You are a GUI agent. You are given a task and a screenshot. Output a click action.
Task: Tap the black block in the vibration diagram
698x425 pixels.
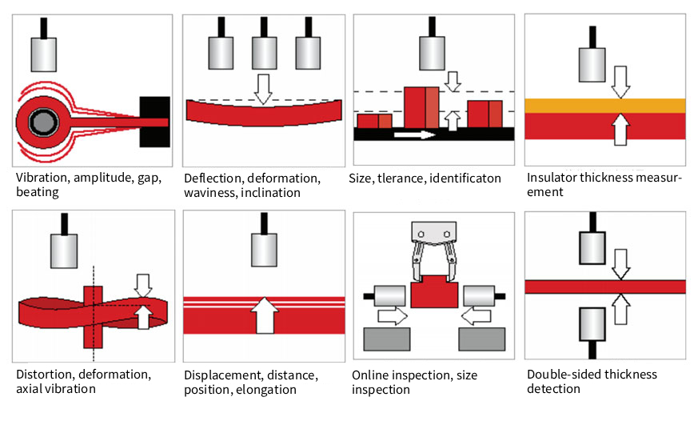pos(154,122)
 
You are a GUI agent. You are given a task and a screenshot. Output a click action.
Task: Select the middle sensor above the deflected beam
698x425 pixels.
pos(264,53)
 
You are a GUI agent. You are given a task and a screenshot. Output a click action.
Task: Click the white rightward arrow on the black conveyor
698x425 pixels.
pos(414,134)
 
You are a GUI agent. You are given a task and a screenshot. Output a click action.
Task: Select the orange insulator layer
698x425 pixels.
pos(604,106)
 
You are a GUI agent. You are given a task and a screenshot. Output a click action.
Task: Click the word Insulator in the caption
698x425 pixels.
pos(552,178)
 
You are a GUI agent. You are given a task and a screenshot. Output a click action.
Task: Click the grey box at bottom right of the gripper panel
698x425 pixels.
pos(481,339)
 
